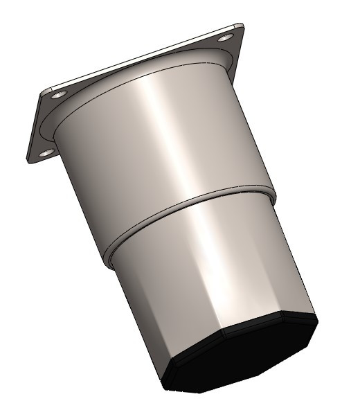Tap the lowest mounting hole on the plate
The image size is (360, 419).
(x=46, y=152)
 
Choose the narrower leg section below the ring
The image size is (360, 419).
(x=208, y=277)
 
